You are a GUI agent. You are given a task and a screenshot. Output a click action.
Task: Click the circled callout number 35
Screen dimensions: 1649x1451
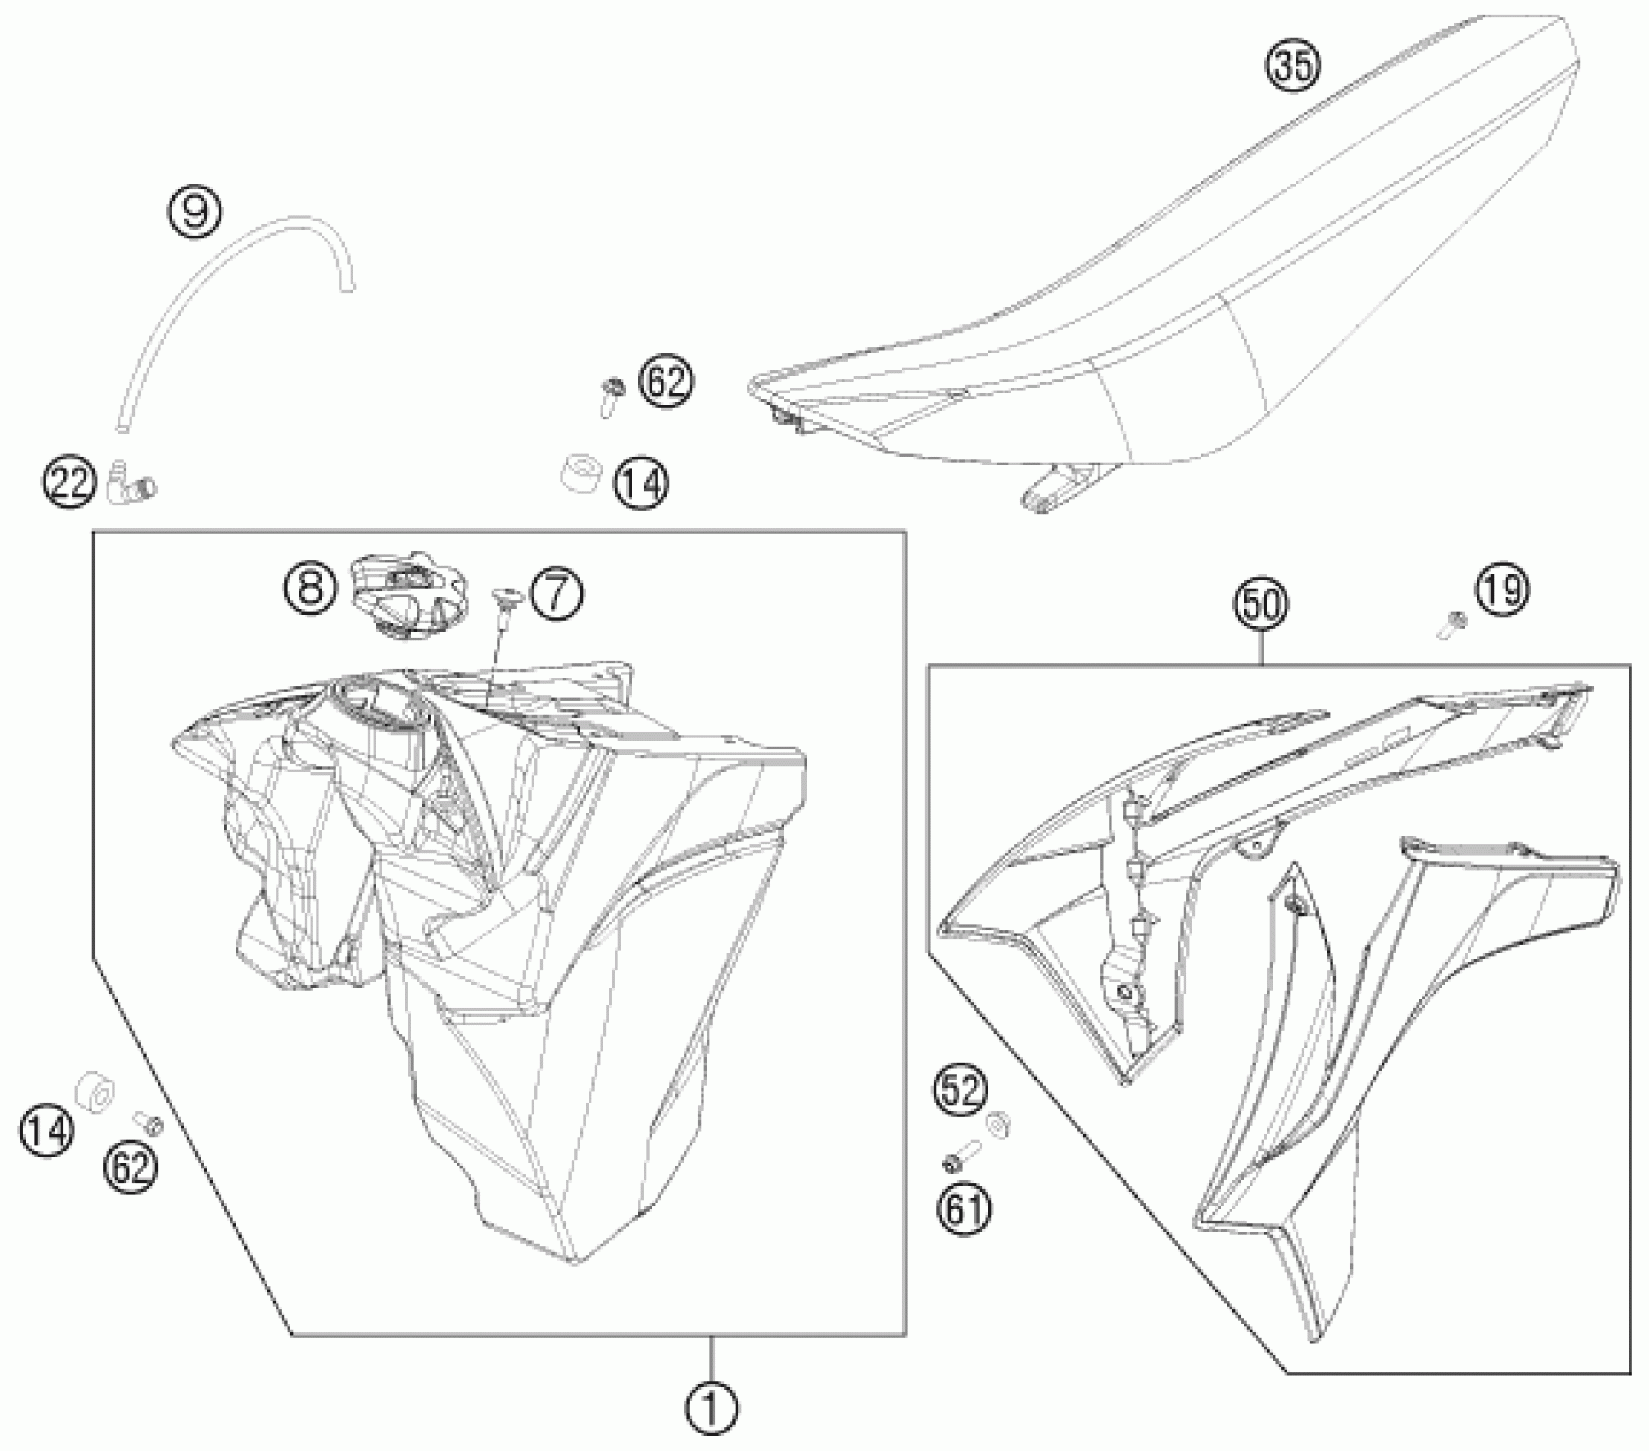pos(1292,64)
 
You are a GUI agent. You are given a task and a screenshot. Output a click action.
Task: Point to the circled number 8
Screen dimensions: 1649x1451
pos(310,587)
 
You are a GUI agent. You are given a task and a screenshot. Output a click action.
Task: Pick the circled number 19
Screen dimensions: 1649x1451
pos(1502,591)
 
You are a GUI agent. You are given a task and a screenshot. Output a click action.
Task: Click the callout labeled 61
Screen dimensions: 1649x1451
pos(965,1209)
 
